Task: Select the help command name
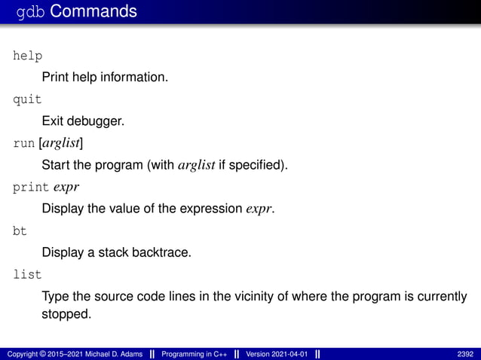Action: pos(27,56)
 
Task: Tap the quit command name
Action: pos(27,99)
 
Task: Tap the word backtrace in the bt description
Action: pos(156,252)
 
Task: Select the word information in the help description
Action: pos(133,77)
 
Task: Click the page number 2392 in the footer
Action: pos(465,354)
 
